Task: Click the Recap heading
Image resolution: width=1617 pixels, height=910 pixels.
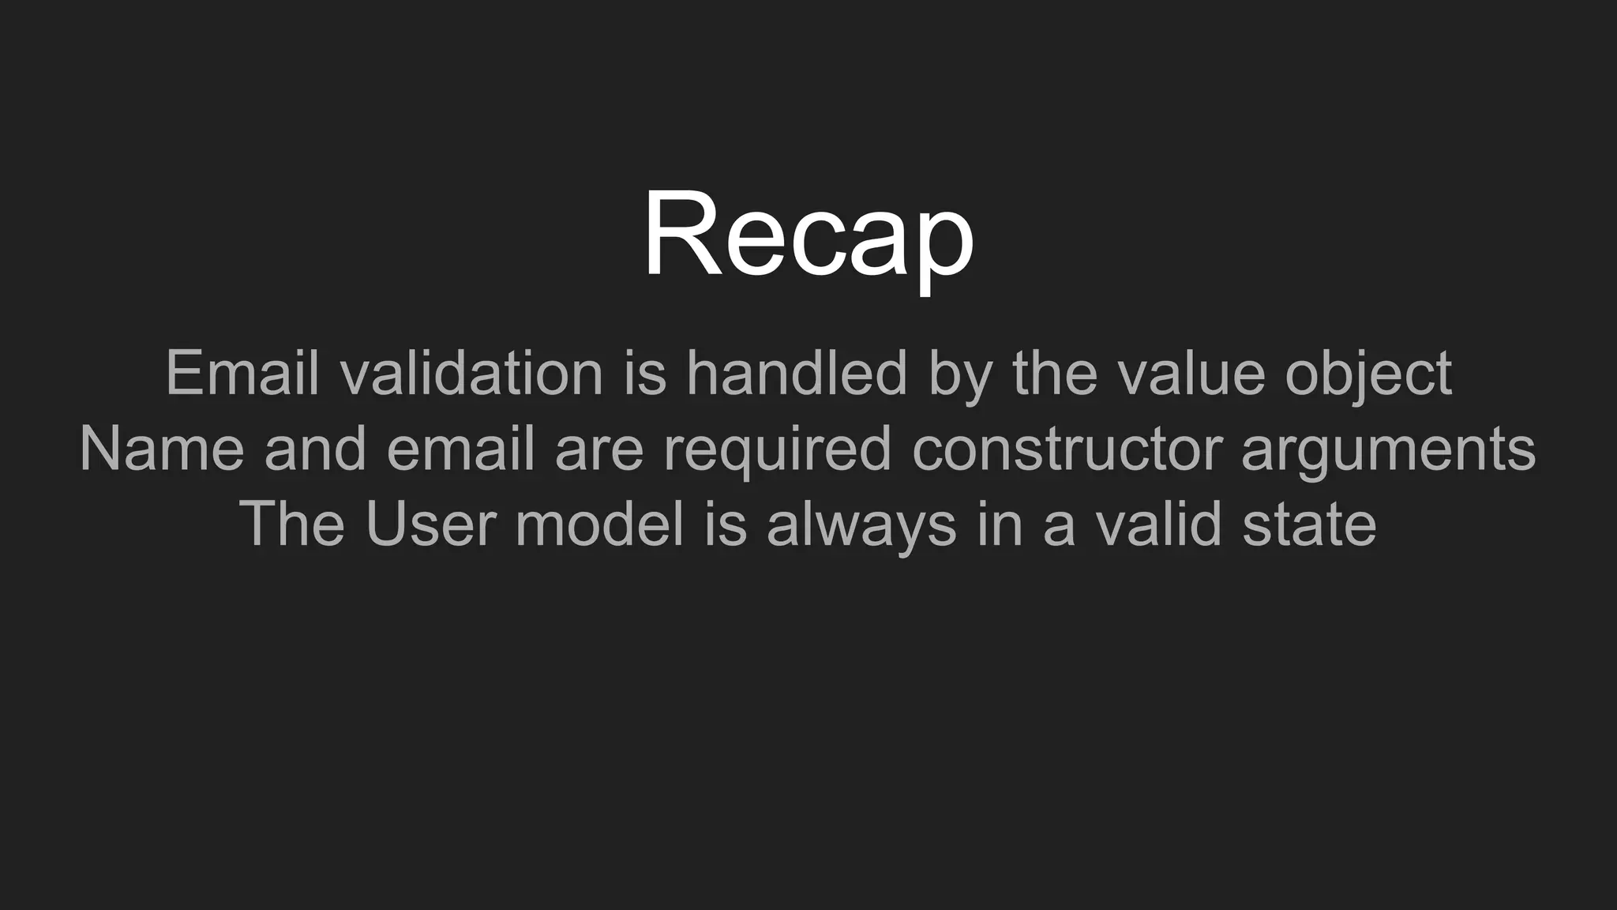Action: pyautogui.click(x=808, y=235)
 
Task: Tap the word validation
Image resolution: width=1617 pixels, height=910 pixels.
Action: pyautogui.click(x=472, y=373)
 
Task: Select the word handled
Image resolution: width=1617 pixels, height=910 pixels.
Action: pyautogui.click(x=797, y=373)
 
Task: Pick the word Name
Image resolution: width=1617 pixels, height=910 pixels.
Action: pyautogui.click(x=162, y=449)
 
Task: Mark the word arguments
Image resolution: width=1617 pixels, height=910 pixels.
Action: pyautogui.click(x=1388, y=449)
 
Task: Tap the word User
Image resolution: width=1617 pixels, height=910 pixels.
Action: pyautogui.click(x=430, y=524)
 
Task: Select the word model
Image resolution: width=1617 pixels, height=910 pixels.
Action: pyautogui.click(x=599, y=524)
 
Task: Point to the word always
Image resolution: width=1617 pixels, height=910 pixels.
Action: pyautogui.click(x=861, y=524)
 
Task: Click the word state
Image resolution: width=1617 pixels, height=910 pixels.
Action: pyautogui.click(x=1309, y=524)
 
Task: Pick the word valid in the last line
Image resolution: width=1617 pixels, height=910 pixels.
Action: pyautogui.click(x=1159, y=524)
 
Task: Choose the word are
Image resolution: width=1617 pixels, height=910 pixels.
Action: pyautogui.click(x=599, y=449)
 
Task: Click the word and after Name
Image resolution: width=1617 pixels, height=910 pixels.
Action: pyautogui.click(x=315, y=449)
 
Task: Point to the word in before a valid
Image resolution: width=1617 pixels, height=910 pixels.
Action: pyautogui.click(x=1000, y=524)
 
